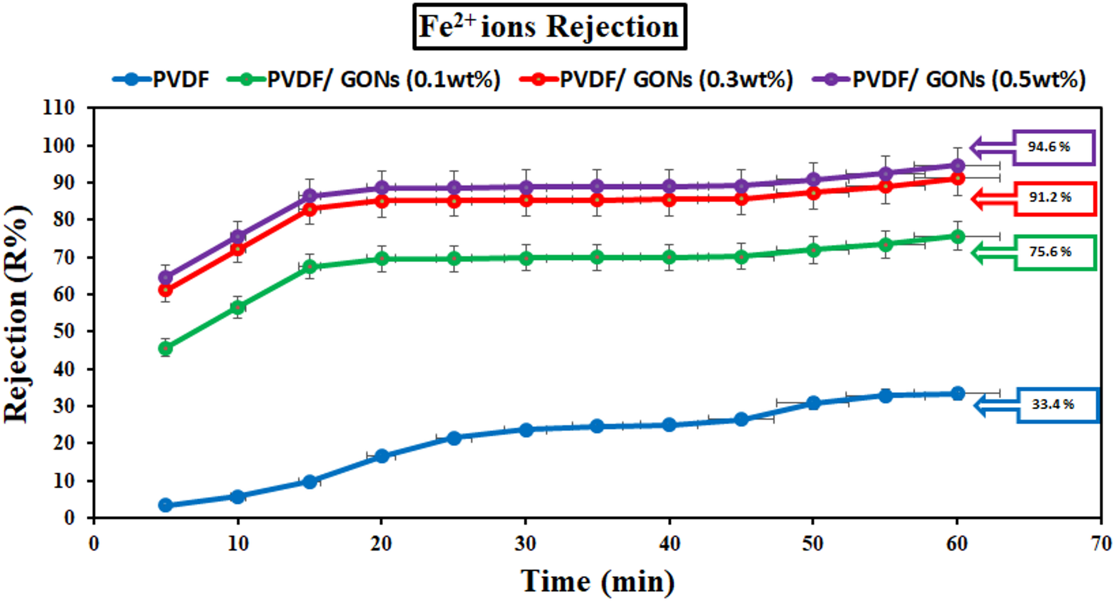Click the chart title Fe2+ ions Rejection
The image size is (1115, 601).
point(549,27)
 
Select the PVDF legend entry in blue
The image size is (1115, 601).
point(161,79)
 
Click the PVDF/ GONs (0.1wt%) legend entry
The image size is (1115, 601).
point(364,79)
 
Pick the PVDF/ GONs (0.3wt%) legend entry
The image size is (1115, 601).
point(657,79)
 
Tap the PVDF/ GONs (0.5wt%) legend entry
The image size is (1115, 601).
point(950,79)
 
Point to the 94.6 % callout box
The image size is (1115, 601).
point(1053,147)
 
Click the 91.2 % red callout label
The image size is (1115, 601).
point(1054,198)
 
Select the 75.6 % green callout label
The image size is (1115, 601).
point(1054,252)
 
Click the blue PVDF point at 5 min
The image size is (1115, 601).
point(165,505)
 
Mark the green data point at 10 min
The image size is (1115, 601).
point(238,307)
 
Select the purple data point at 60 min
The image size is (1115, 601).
point(957,166)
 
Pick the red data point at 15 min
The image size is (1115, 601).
point(310,209)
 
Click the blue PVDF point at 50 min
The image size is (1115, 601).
point(813,403)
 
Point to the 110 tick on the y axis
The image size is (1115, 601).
point(59,108)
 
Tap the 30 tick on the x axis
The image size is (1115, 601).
point(525,543)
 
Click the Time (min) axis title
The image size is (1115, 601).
point(597,582)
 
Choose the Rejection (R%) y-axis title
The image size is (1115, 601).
point(17,314)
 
